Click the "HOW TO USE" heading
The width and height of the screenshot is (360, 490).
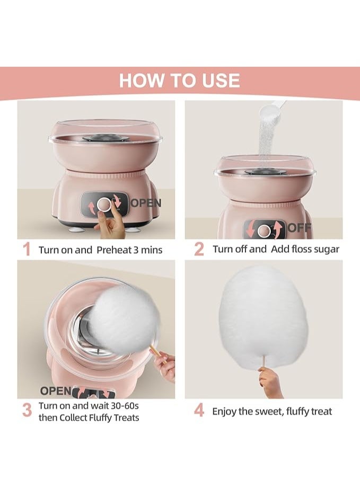180,81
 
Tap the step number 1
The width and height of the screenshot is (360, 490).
27,250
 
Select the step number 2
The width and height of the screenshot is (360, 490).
199,249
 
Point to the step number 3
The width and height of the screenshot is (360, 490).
27,411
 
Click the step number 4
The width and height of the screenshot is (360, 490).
199,411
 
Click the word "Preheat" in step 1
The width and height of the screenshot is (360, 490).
114,250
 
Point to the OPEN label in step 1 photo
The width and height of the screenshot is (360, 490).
146,203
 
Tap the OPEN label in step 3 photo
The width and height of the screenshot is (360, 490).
56,390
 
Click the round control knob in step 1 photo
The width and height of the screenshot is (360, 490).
103,204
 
